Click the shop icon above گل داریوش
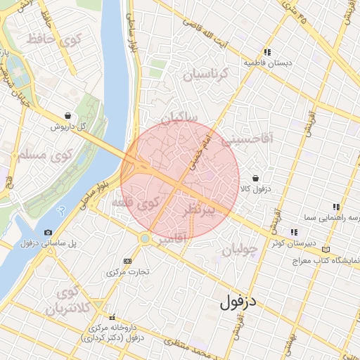67,115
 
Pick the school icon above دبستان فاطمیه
267,52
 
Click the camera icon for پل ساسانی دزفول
48,232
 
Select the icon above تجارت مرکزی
127,261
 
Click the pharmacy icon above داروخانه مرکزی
111,317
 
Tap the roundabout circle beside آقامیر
144,239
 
